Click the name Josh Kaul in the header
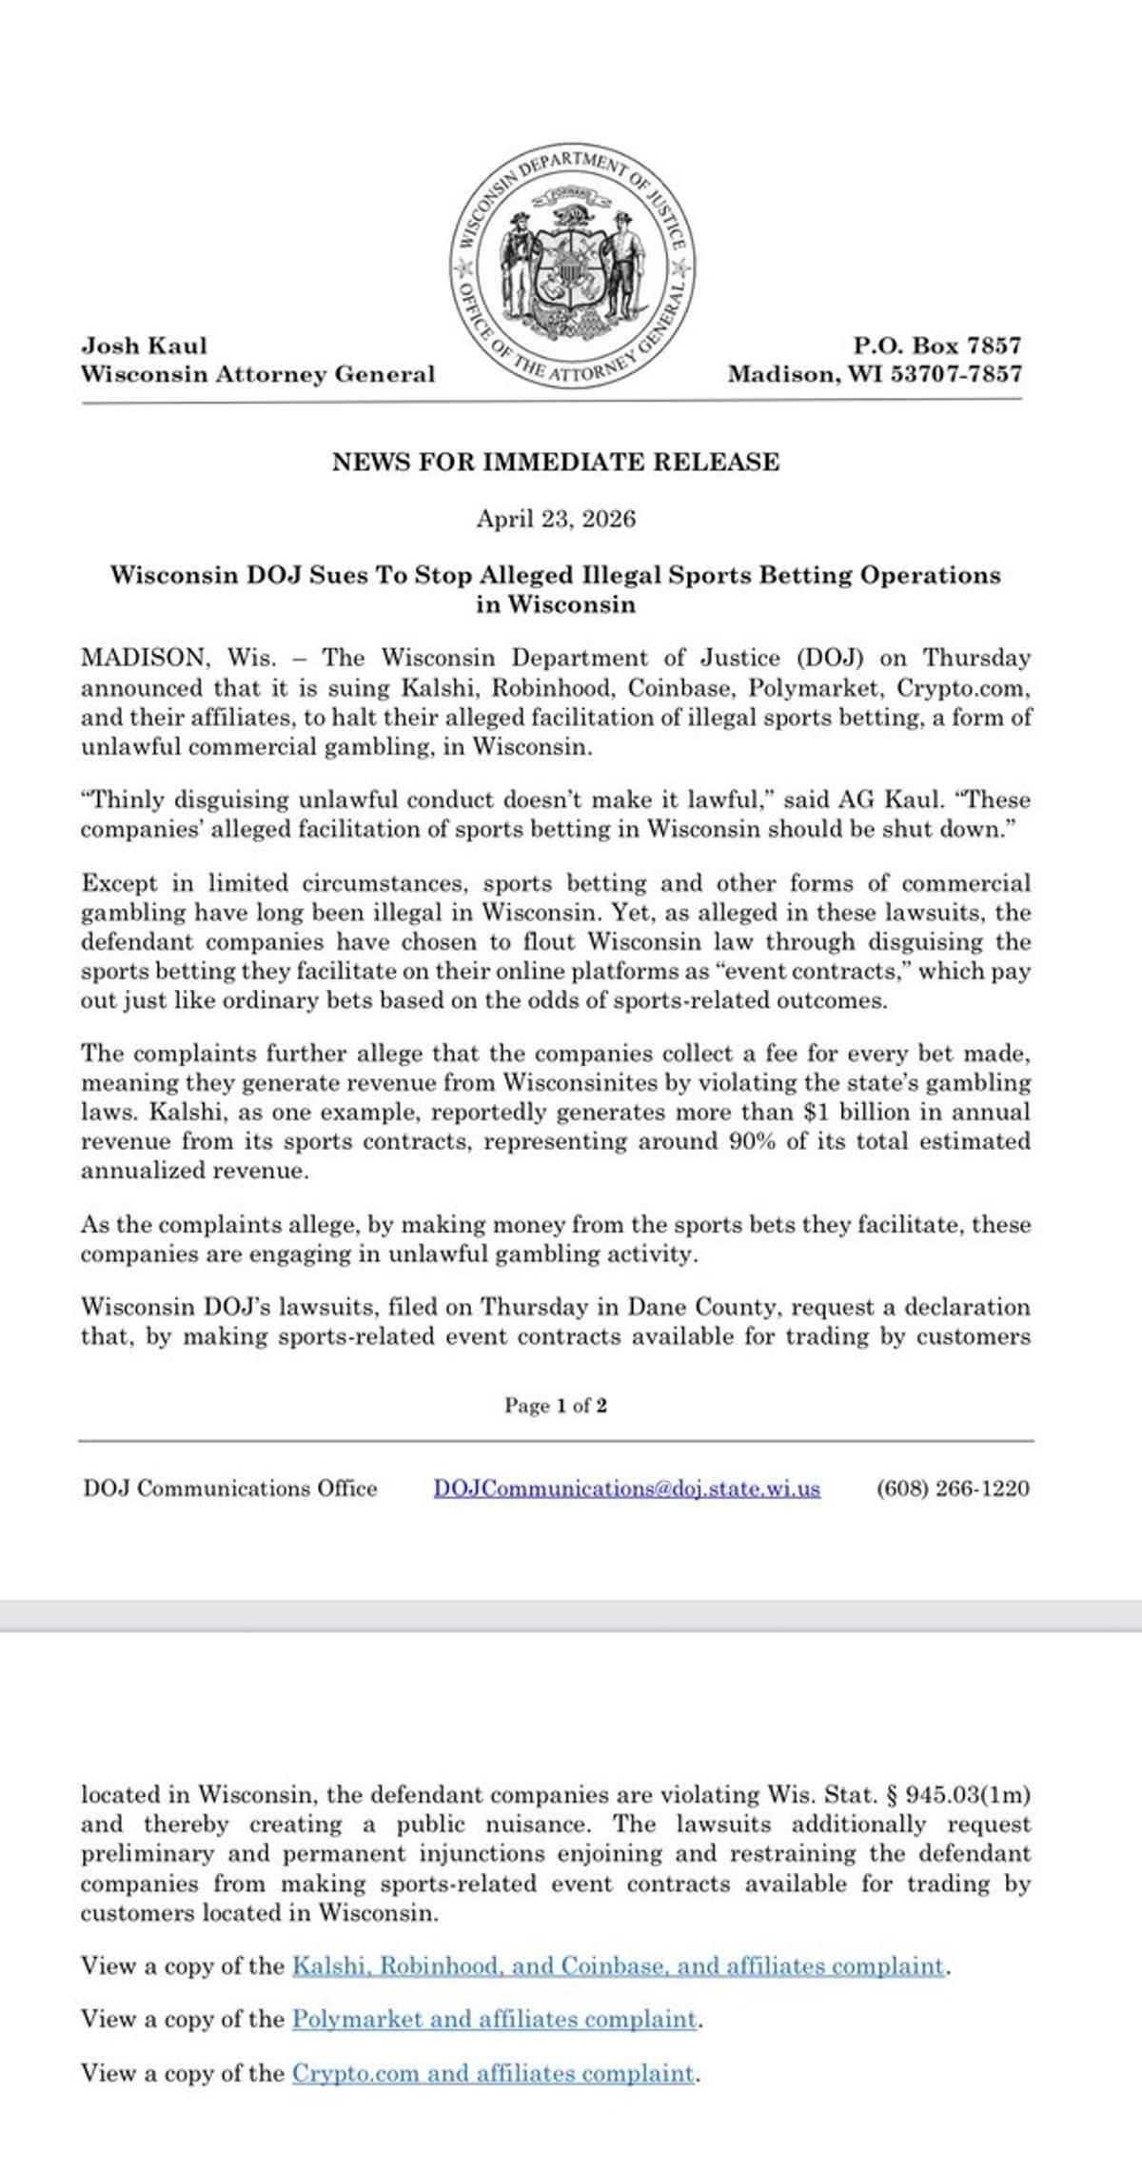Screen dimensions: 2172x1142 [x=144, y=346]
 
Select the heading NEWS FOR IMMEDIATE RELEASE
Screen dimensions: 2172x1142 [x=556, y=463]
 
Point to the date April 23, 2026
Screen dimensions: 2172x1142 [x=556, y=520]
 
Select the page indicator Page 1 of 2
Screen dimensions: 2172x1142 [x=556, y=1406]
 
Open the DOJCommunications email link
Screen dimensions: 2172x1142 [x=627, y=1489]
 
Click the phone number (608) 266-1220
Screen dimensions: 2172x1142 [x=953, y=1489]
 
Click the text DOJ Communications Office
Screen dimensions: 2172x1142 [x=230, y=1489]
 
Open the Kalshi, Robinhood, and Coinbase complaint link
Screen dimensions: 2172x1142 [x=618, y=1965]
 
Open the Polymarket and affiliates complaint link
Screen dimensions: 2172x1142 [x=495, y=2019]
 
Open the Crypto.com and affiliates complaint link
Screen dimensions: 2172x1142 [x=493, y=2072]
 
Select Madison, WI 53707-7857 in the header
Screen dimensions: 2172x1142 [x=875, y=374]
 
